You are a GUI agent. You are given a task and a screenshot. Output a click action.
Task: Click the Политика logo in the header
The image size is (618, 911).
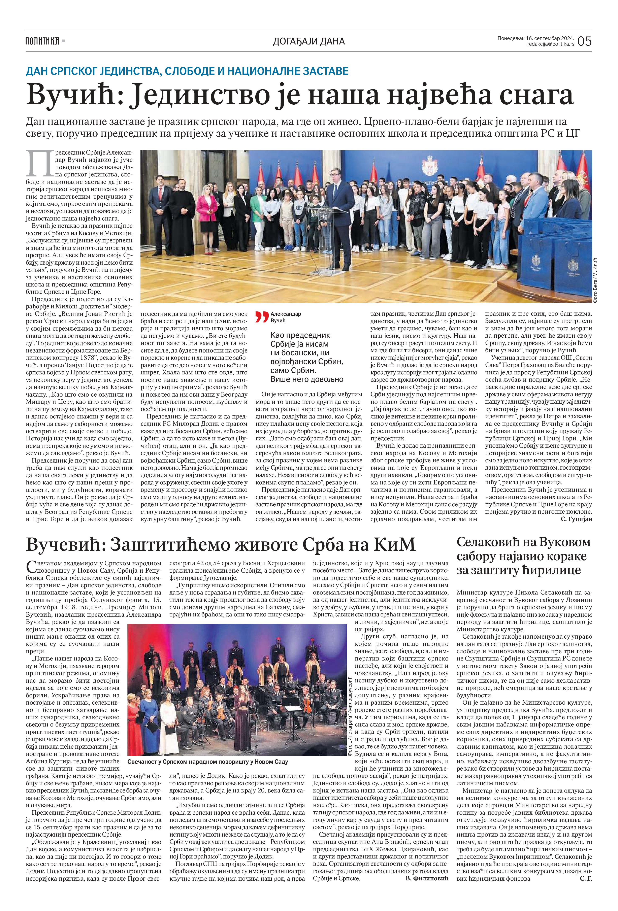pyautogui.click(x=42, y=41)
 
